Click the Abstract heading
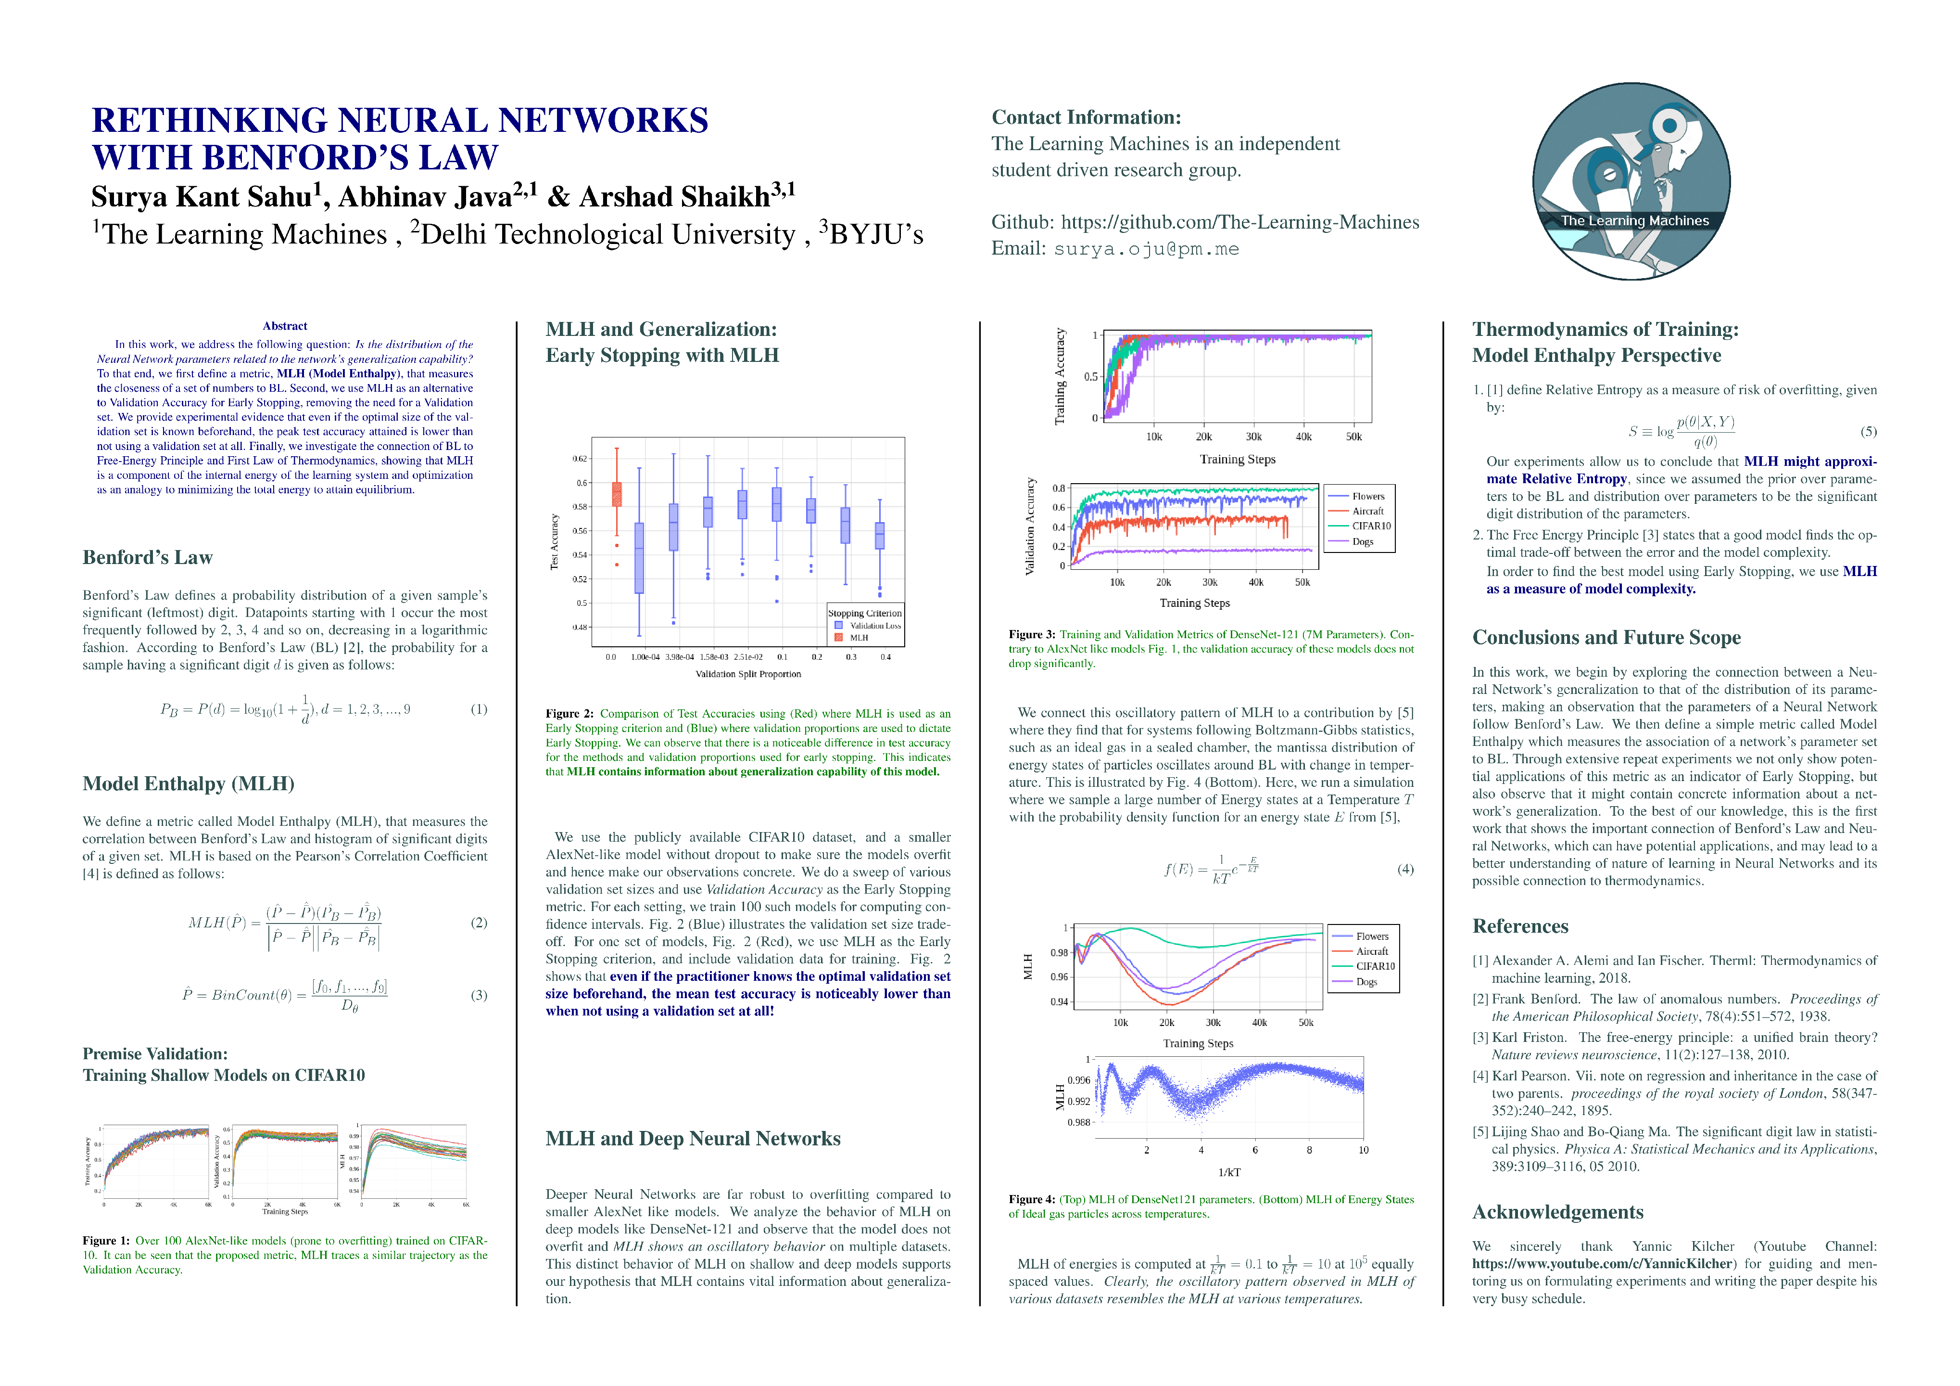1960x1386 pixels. [285, 326]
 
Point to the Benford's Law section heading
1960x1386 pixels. [148, 558]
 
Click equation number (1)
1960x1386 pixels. [479, 709]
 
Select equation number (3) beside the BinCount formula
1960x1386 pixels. [479, 995]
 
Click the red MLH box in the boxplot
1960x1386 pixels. [616, 494]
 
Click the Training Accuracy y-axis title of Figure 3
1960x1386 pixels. [1060, 377]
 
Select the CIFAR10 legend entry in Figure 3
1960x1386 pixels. [1371, 526]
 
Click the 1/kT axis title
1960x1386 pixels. [1229, 1172]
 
